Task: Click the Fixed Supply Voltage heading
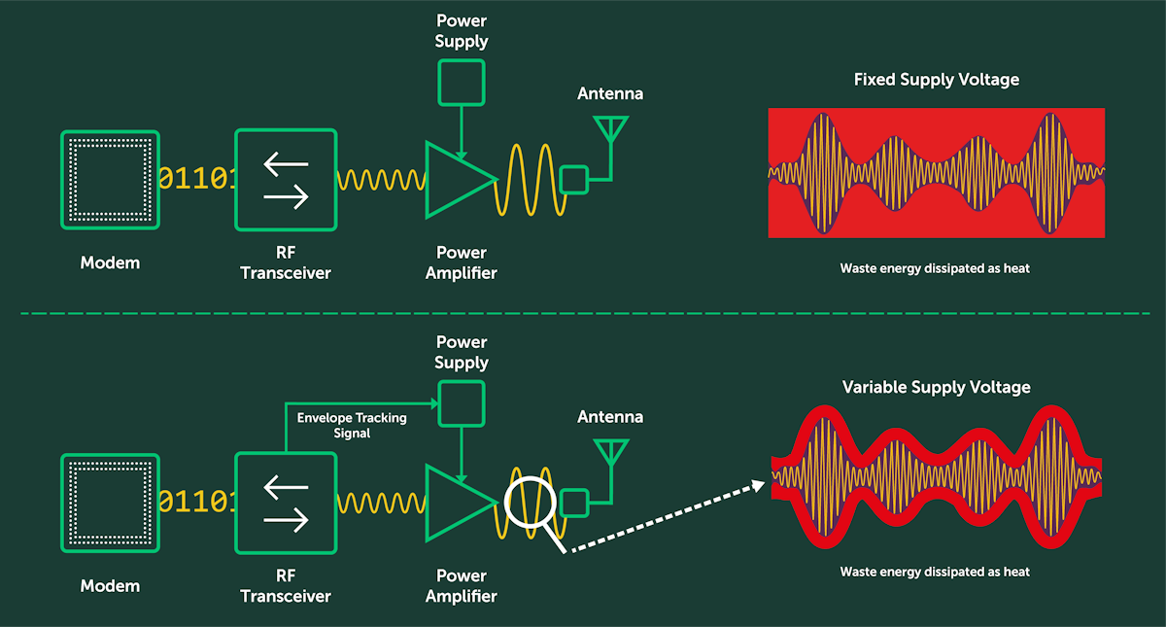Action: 936,80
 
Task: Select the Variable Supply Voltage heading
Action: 936,387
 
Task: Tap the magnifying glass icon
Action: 531,505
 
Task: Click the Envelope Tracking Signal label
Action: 352,425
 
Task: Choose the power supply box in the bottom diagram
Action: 462,403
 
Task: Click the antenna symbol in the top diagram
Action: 610,131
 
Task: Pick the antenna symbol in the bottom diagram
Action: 610,453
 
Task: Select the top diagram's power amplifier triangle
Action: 457,179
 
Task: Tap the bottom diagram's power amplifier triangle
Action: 457,502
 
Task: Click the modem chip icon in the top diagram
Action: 110,180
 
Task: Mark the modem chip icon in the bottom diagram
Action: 110,502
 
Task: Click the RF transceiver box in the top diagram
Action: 286,180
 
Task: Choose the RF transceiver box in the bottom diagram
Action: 286,502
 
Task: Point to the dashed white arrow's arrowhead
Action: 758,485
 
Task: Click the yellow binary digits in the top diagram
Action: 196,179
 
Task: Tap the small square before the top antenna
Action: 573,180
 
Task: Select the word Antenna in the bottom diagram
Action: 610,417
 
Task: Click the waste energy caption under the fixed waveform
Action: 935,268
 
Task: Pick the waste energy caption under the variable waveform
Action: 935,572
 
